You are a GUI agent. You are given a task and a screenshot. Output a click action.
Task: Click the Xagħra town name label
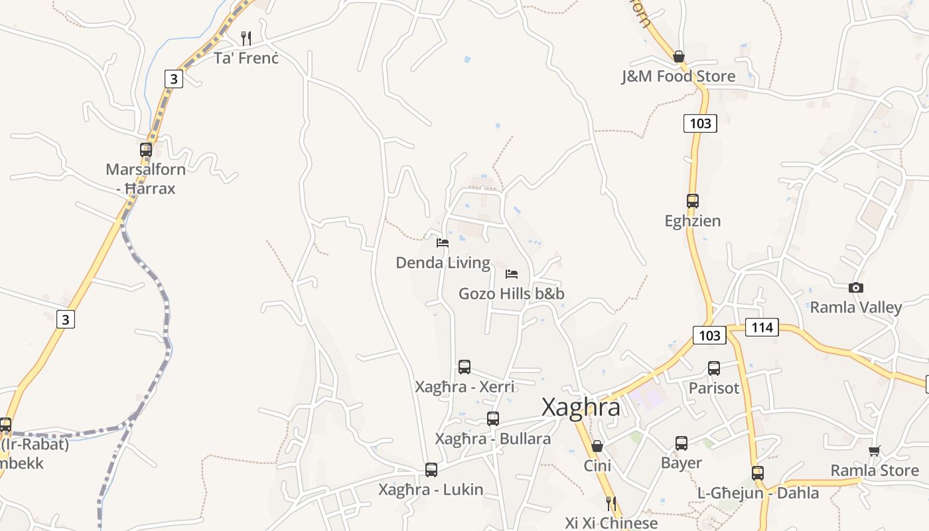click(581, 407)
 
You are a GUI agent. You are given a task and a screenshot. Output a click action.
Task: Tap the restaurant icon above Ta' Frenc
click(246, 38)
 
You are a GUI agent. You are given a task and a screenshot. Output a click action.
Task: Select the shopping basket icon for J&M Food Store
click(678, 56)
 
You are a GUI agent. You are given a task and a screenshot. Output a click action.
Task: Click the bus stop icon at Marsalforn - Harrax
click(146, 150)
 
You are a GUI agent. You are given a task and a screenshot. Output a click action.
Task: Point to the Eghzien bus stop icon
click(692, 200)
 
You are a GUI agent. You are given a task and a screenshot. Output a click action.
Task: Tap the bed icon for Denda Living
click(443, 243)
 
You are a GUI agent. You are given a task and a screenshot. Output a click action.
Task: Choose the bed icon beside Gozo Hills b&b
click(512, 274)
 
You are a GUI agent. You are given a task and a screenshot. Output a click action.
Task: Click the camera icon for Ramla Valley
click(856, 287)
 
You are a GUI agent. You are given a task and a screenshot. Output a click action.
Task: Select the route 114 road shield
click(762, 327)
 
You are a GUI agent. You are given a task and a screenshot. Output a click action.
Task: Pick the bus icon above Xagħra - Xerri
click(464, 367)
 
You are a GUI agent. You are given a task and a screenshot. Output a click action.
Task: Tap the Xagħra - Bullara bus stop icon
click(492, 419)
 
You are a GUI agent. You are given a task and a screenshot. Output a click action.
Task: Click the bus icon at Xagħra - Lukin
click(431, 470)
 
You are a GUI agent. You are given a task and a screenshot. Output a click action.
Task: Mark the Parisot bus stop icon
click(714, 368)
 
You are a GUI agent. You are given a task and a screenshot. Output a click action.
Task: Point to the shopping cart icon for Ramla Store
click(875, 451)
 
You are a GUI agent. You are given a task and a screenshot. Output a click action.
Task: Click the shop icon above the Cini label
click(597, 446)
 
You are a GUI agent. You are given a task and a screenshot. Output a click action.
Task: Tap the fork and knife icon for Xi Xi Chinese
click(611, 504)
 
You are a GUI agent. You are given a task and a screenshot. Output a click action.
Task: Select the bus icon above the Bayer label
click(681, 443)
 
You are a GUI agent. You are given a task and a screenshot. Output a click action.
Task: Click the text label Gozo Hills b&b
click(512, 293)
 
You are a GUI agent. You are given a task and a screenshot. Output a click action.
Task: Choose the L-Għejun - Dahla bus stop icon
click(758, 473)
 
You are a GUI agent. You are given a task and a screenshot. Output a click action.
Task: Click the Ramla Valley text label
click(856, 307)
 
